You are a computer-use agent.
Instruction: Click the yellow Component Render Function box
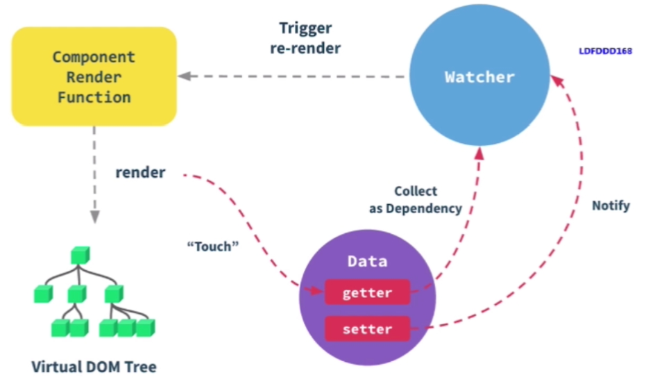click(x=94, y=76)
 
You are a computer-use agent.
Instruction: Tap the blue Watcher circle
click(x=479, y=75)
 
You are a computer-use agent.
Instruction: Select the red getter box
click(x=368, y=292)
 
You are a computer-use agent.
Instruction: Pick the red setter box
click(x=368, y=329)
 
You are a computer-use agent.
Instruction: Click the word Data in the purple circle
click(x=368, y=261)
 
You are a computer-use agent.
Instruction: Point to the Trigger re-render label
click(x=305, y=38)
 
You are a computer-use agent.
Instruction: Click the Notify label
click(x=611, y=206)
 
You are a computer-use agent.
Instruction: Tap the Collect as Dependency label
click(x=415, y=199)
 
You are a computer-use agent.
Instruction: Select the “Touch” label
click(x=212, y=247)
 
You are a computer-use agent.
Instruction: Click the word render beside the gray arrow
click(x=140, y=172)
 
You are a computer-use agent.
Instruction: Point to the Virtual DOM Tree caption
click(x=94, y=366)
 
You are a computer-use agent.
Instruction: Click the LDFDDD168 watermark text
click(x=605, y=51)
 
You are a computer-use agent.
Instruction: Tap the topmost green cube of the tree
click(x=80, y=255)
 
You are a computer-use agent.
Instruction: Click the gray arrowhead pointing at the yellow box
click(x=184, y=76)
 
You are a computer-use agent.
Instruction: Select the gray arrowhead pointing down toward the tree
click(x=95, y=217)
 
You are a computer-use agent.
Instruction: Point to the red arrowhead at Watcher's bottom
click(x=479, y=153)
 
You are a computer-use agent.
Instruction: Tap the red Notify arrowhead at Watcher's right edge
click(x=557, y=81)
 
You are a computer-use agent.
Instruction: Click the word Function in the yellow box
click(x=94, y=97)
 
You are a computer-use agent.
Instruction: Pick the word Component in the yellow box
click(x=94, y=57)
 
